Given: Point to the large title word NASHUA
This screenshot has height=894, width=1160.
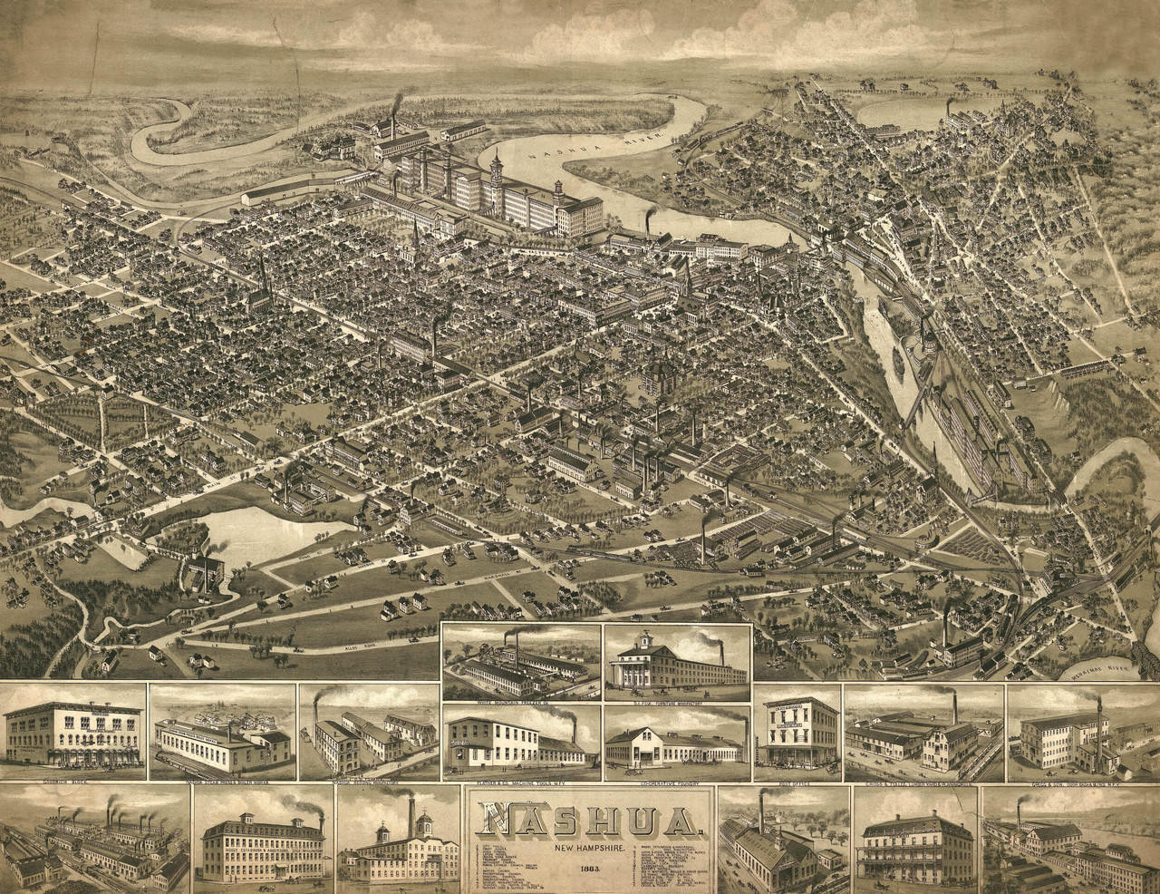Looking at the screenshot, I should [592, 821].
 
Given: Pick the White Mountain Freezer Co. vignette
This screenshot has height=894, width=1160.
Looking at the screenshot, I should [520, 661].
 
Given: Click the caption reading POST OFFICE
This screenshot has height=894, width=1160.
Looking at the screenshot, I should [797, 776].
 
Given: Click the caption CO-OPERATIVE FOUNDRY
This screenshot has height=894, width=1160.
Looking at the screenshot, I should [675, 777].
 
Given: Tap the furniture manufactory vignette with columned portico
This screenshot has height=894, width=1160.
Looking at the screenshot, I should [676, 661].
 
